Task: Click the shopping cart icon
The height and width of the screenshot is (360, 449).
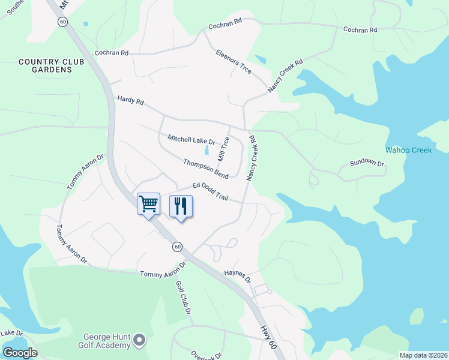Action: coord(149,204)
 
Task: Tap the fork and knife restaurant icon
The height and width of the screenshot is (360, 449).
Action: coord(181,206)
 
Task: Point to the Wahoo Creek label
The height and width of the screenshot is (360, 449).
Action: coord(408,150)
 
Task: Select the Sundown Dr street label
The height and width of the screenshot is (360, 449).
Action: coord(367,163)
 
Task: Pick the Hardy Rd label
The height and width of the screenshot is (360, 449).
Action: coord(130,101)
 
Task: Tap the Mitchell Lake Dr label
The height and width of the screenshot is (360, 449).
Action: coord(191,139)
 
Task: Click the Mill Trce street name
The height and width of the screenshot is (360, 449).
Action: coord(224,149)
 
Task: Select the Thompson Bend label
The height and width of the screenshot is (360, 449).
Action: coord(206,168)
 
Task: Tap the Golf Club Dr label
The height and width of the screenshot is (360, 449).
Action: coord(183,298)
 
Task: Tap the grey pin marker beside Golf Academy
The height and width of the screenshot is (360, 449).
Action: coord(140,340)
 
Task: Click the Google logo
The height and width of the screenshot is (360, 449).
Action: coord(20,353)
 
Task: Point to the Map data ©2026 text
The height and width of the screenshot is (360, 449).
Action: coord(423,355)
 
